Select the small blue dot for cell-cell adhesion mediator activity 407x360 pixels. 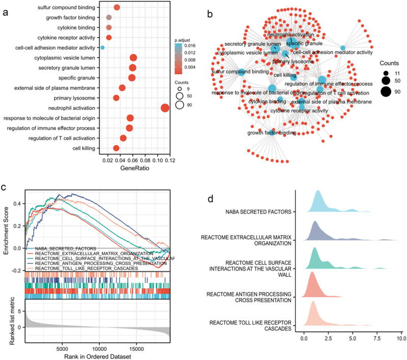102,48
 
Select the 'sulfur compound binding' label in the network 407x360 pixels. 241,72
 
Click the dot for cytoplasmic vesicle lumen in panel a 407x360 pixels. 133,58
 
